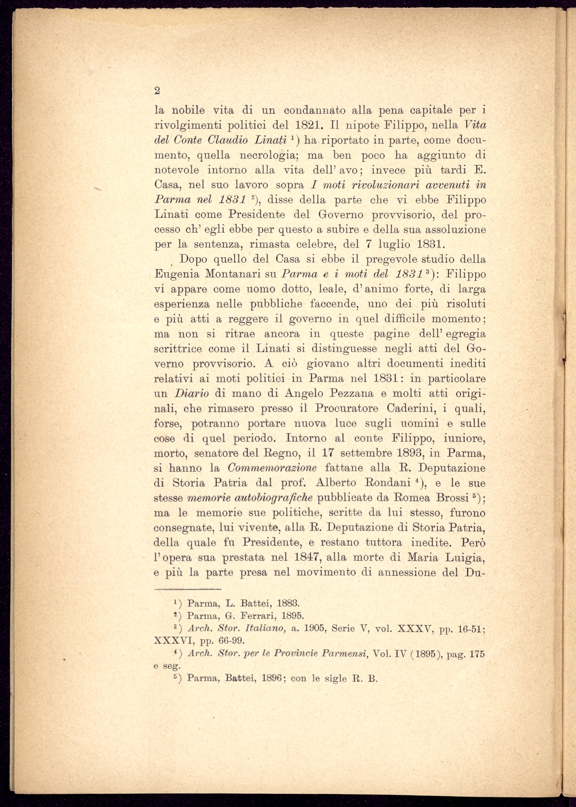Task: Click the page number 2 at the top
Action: (157, 91)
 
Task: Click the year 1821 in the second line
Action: (309, 125)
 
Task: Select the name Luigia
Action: (462, 557)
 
